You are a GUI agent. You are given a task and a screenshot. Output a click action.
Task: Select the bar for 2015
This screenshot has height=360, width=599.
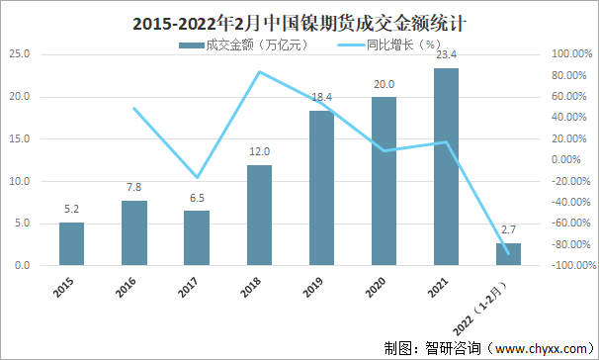[71, 243]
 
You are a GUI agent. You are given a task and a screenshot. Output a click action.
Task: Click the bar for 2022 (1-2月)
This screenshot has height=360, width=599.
[508, 254]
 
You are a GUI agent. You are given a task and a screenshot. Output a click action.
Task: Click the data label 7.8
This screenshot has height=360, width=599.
[133, 187]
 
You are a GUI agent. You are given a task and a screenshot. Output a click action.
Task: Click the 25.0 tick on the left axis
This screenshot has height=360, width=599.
[20, 54]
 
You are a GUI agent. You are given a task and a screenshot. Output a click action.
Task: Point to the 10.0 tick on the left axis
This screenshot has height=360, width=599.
[20, 181]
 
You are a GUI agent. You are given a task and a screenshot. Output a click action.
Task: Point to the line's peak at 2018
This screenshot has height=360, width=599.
[259, 72]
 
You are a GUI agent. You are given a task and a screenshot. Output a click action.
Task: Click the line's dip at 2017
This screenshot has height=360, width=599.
[197, 177]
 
